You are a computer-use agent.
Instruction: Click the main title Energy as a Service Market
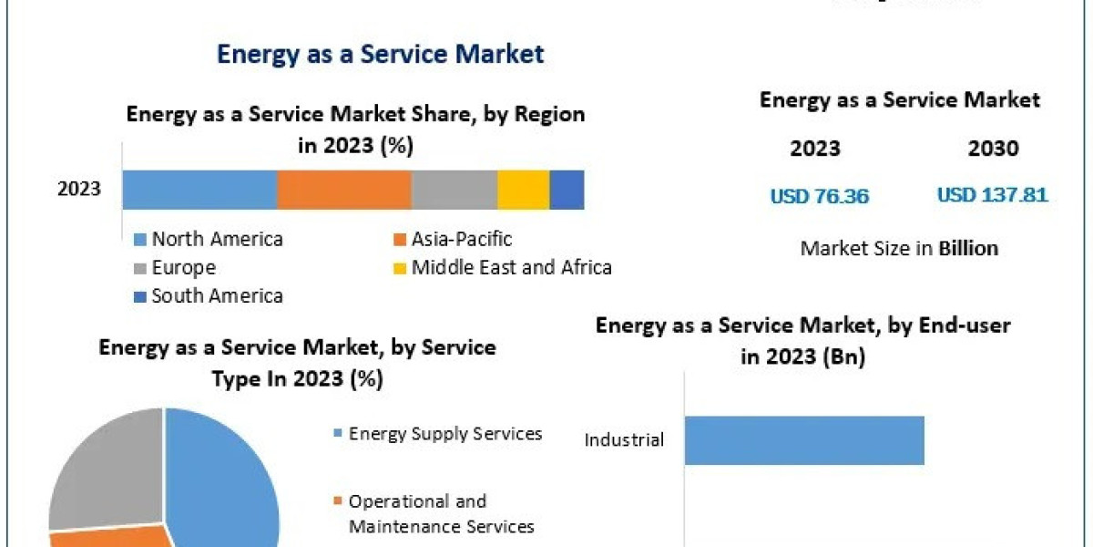[x=380, y=54]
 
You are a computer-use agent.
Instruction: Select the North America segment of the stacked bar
[x=199, y=190]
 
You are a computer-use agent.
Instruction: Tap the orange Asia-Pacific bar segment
[x=343, y=190]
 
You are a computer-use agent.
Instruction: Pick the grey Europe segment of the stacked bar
[x=454, y=190]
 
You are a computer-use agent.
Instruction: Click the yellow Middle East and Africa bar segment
[x=523, y=190]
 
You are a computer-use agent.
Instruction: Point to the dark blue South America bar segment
[x=567, y=190]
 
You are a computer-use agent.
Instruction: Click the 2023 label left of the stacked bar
[x=79, y=190]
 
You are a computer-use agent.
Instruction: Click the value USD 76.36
[x=820, y=196]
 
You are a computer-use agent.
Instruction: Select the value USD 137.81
[x=992, y=195]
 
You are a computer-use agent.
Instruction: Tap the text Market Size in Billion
[x=899, y=248]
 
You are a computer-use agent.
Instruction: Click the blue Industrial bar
[x=804, y=440]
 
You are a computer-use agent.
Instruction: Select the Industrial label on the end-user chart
[x=624, y=440]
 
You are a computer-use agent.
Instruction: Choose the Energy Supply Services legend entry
[x=444, y=433]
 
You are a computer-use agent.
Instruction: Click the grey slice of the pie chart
[x=100, y=474]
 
